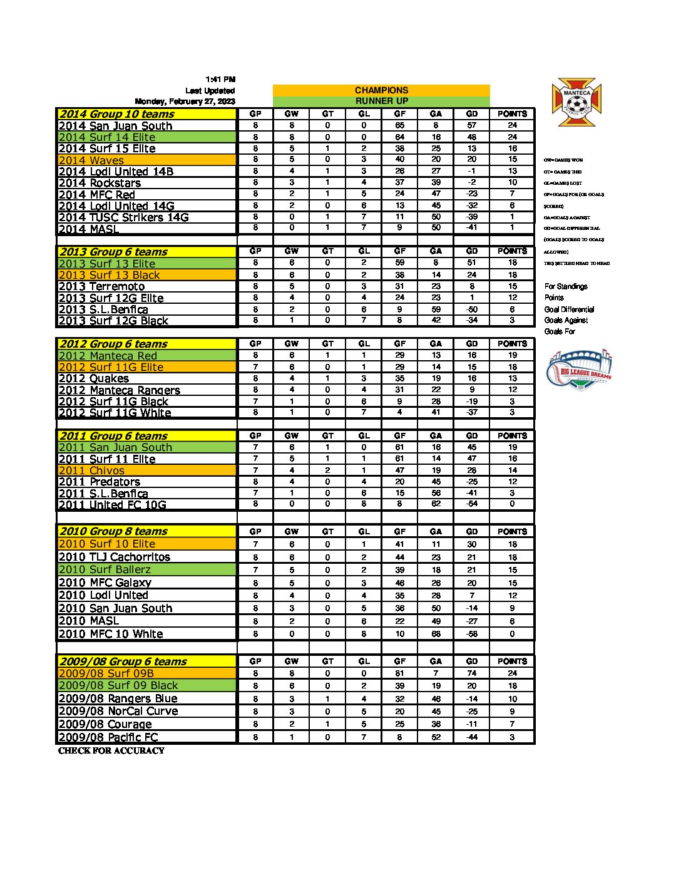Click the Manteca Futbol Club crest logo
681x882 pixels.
(x=576, y=102)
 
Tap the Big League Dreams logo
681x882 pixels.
(x=579, y=370)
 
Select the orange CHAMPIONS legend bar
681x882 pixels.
(x=381, y=90)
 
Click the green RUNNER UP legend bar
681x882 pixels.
(x=381, y=101)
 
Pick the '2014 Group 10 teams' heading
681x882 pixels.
(x=116, y=114)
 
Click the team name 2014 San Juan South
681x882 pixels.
(x=115, y=125)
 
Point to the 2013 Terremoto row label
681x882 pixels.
(x=101, y=286)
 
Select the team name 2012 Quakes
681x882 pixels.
(x=94, y=378)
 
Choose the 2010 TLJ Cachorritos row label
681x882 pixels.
(x=115, y=557)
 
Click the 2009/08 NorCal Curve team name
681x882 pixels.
(x=118, y=711)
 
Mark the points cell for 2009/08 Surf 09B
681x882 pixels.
(x=512, y=673)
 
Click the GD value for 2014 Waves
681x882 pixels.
(x=471, y=160)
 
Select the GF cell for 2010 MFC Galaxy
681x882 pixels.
(x=400, y=583)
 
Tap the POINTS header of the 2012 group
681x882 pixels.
(x=512, y=343)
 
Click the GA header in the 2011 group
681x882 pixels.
(x=436, y=435)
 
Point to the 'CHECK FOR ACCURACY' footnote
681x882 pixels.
(x=111, y=750)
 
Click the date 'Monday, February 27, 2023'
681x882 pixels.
(x=185, y=101)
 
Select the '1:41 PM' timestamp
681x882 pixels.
(x=220, y=80)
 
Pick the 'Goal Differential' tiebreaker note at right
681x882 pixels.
(x=569, y=309)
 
